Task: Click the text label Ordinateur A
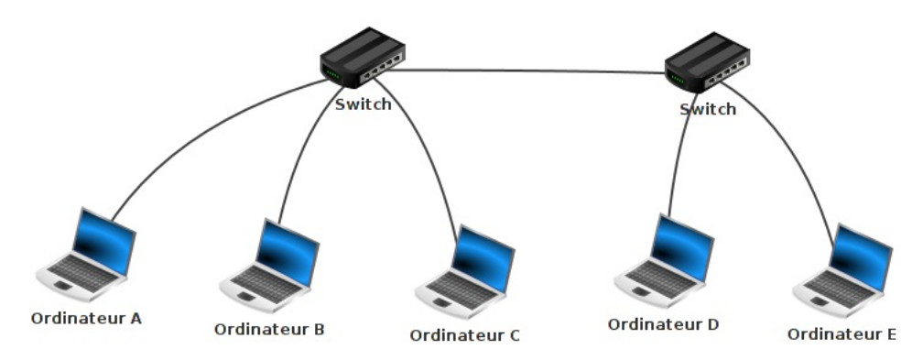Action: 86,319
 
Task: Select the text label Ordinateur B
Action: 269,327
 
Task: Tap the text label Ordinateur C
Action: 465,335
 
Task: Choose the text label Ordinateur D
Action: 664,324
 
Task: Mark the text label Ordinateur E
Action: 842,333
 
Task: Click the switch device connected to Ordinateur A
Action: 362,60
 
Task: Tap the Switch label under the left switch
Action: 364,104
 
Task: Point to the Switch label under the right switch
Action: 708,109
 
